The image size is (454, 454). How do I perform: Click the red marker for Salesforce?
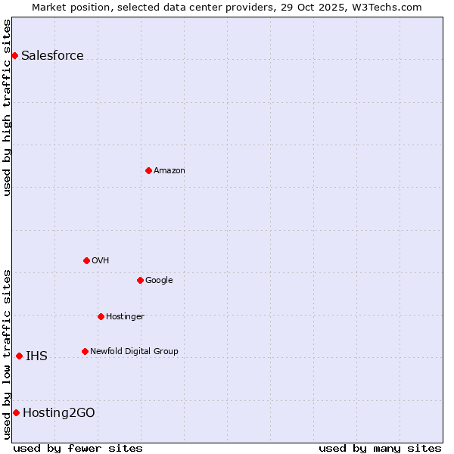pos(14,55)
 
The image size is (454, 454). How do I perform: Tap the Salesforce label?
pos(52,55)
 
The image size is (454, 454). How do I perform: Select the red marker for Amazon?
pos(148,170)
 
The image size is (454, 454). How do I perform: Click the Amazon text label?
pos(169,170)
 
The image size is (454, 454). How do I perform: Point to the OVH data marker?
pos(86,260)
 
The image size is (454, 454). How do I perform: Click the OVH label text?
pos(101,260)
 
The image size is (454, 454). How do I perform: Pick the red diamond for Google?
pos(140,280)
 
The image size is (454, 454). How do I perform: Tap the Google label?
pos(159,280)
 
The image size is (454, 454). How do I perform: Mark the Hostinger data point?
pos(101,316)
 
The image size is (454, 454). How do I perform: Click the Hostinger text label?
pos(125,316)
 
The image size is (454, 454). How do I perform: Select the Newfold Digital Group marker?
pos(85,351)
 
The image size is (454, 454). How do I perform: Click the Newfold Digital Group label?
pos(134,351)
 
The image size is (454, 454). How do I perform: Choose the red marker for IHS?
pos(19,356)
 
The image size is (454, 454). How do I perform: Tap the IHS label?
pos(36,356)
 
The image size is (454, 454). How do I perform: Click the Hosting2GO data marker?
pos(16,412)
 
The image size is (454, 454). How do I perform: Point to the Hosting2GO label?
pos(59,412)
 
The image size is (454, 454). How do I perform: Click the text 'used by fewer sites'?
pos(78,448)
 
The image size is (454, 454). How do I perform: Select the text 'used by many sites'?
pos(380,448)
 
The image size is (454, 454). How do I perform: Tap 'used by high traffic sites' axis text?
pos(7,107)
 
